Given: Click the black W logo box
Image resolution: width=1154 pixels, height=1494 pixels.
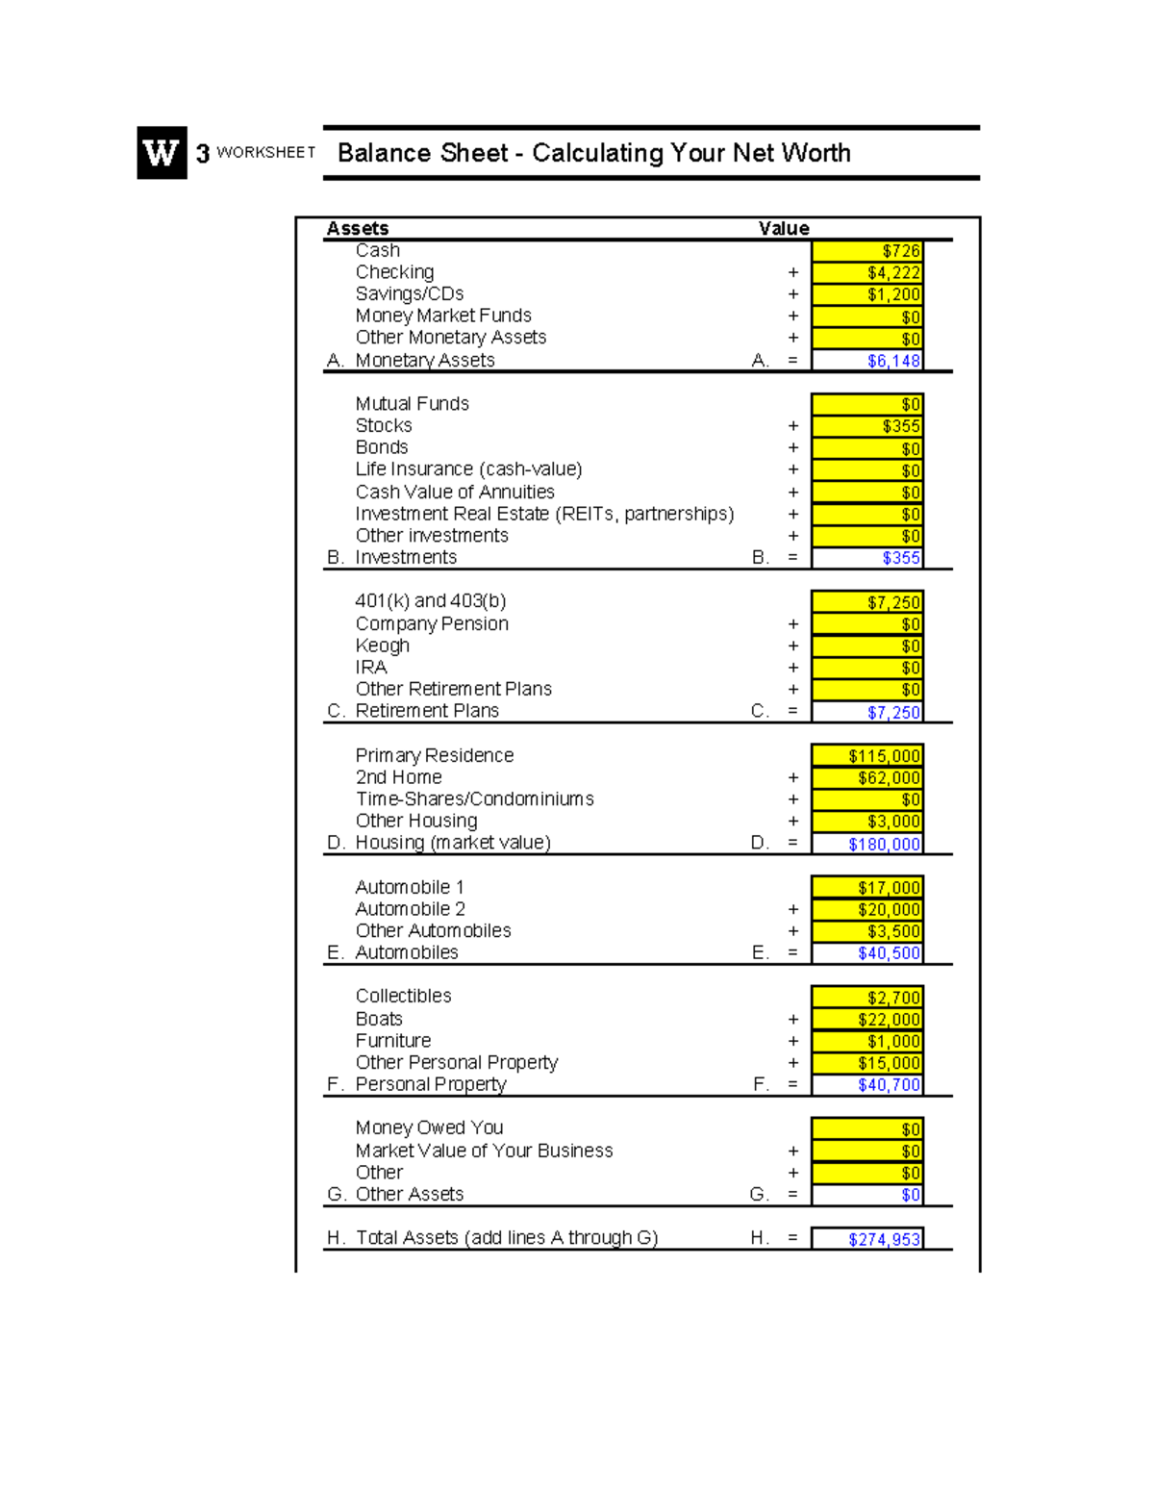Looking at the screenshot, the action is click(x=162, y=153).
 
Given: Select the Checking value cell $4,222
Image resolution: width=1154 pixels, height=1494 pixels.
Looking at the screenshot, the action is click(x=867, y=273).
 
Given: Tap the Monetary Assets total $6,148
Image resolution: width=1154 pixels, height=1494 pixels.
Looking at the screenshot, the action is click(x=867, y=361).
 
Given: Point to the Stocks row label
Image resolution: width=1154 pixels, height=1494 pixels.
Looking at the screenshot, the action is click(x=384, y=425).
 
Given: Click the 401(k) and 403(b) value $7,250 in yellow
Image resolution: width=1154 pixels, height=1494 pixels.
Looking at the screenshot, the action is click(x=867, y=602).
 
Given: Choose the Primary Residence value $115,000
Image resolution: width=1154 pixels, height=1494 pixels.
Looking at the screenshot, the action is click(x=867, y=756).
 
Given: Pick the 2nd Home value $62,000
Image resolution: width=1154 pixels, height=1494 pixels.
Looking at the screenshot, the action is click(x=867, y=778).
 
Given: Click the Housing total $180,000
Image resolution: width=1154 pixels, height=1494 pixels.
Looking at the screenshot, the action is click(x=867, y=844).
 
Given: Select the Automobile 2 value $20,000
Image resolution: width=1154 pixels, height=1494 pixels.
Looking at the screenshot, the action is click(x=867, y=910).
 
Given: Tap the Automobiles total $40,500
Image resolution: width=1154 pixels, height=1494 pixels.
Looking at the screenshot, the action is click(x=867, y=953).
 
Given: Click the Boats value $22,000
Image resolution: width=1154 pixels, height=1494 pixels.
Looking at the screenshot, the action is click(x=867, y=1020).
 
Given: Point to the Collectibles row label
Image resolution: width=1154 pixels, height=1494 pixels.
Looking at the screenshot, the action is click(x=403, y=996).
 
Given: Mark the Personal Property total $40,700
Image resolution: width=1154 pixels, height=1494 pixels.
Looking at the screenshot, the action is click(x=867, y=1085).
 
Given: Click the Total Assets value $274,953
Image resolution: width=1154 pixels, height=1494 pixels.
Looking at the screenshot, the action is click(x=867, y=1239).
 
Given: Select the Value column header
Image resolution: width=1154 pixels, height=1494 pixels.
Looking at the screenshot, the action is click(x=784, y=228).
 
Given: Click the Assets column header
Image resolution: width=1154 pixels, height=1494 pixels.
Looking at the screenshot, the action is click(x=358, y=228).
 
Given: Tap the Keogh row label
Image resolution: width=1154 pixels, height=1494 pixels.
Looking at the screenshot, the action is click(x=382, y=646).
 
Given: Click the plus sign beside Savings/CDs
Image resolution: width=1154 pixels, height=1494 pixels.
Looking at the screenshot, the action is click(x=793, y=294).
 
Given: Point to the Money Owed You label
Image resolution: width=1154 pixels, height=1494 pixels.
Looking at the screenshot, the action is click(x=429, y=1127).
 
